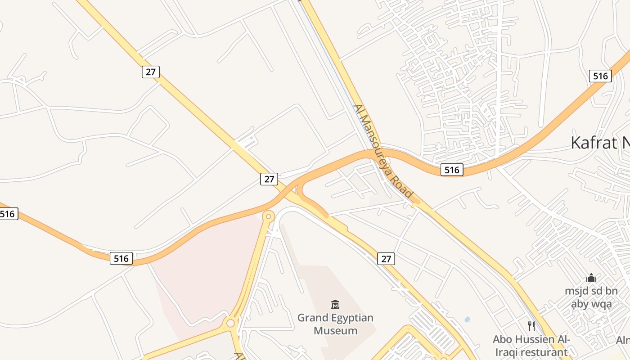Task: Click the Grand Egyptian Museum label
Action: coord(335,324)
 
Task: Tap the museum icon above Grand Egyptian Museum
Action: coord(335,305)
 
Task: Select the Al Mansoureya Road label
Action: coord(383,151)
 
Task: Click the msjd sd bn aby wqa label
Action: coord(591,297)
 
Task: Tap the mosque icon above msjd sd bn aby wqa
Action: coord(591,278)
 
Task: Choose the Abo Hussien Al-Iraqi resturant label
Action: coord(531,345)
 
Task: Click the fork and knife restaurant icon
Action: coord(531,326)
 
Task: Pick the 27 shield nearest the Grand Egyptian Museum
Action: coord(386,258)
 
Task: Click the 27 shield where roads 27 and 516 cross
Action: coord(269,179)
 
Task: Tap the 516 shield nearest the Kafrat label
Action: coord(600,76)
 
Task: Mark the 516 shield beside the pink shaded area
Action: coord(121,258)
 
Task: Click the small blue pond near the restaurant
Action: coord(467,319)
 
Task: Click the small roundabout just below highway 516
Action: coord(268,216)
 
